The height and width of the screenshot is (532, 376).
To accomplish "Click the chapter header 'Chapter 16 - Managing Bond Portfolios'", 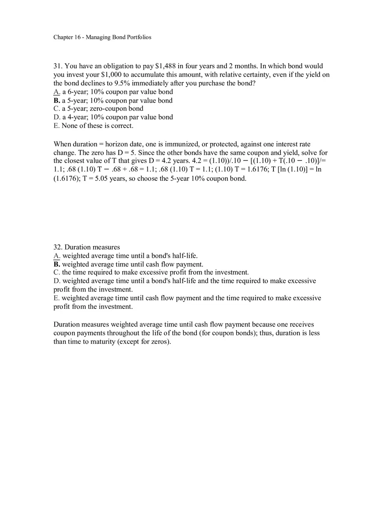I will click(102, 37).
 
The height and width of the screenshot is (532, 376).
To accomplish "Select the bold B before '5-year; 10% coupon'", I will click(56, 101).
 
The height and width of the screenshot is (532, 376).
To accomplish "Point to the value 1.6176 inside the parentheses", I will click(66, 179).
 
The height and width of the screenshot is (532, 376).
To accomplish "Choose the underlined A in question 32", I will click(56, 256).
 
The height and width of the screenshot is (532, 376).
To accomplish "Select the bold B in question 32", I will click(56, 265).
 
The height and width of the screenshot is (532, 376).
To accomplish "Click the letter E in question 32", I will click(56, 298).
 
